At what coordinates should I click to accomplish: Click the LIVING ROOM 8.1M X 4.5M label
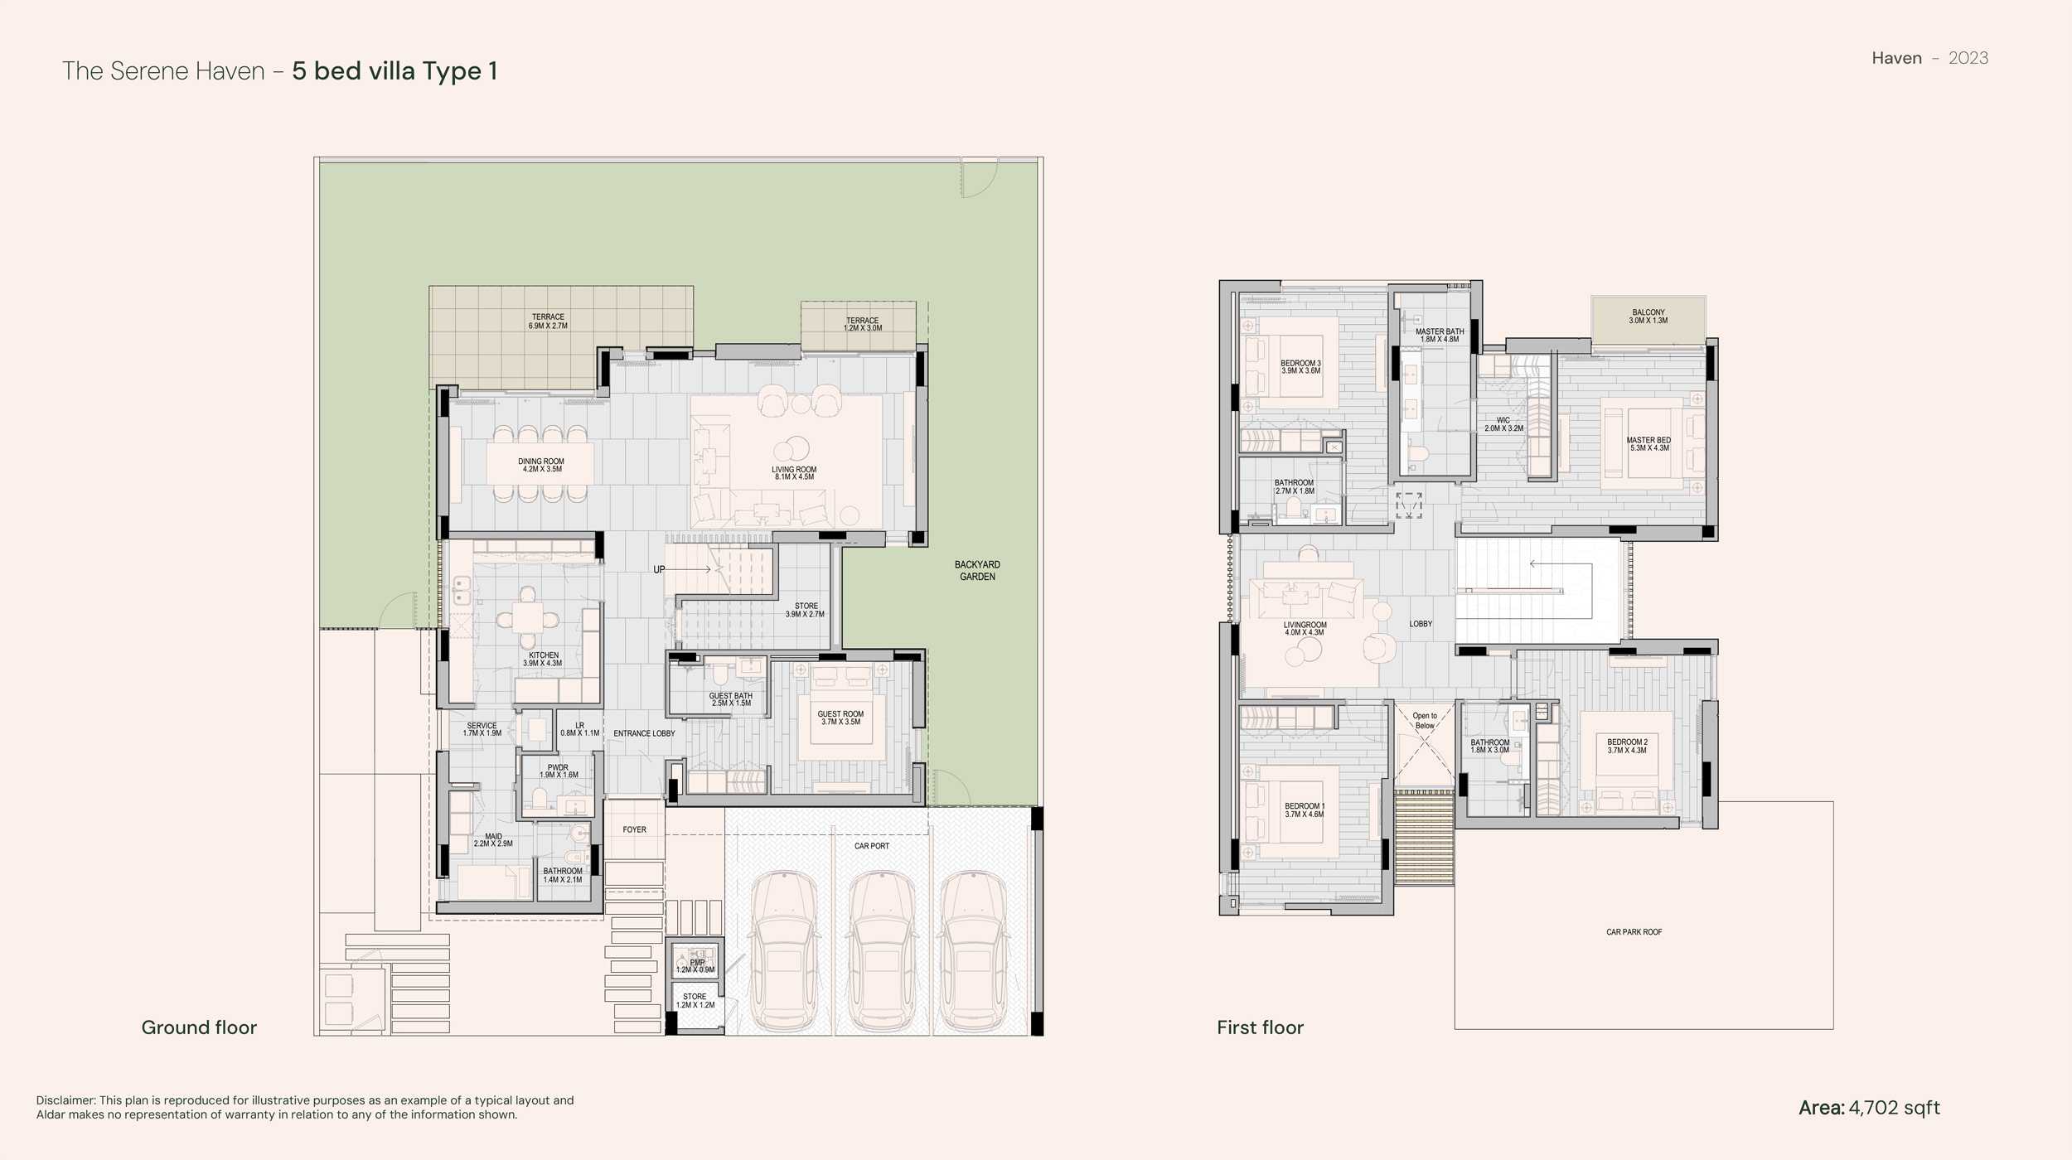(x=794, y=473)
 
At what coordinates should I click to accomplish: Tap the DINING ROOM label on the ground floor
(x=541, y=462)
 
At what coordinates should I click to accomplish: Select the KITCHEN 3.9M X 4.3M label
(x=543, y=659)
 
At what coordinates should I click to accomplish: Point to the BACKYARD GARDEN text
(x=977, y=571)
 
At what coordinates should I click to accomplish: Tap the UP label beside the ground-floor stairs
(x=659, y=569)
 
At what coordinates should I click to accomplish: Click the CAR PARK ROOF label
(x=1634, y=932)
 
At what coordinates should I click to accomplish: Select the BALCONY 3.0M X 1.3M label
(x=1648, y=317)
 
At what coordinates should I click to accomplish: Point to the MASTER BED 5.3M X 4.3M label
(x=1648, y=444)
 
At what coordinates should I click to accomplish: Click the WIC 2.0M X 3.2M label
(x=1503, y=424)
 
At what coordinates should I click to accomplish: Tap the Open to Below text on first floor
(x=1425, y=721)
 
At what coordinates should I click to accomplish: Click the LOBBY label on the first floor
(x=1421, y=624)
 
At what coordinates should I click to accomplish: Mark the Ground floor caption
(x=199, y=1027)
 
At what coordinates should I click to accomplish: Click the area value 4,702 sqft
(x=1894, y=1108)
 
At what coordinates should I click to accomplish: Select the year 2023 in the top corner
(x=1968, y=58)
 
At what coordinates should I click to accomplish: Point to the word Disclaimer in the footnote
(x=66, y=1100)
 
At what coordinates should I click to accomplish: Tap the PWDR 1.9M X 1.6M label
(x=558, y=771)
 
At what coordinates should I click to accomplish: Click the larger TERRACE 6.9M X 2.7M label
(x=548, y=321)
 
